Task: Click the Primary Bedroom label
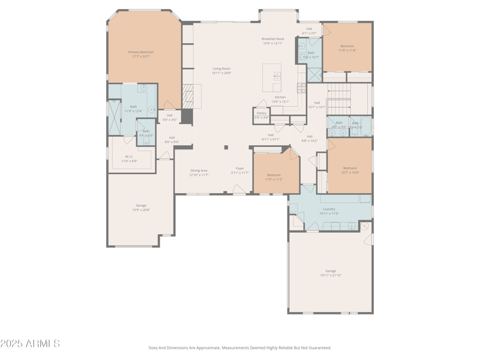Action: click(141, 52)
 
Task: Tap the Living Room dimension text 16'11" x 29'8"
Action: click(221, 73)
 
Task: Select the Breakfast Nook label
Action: click(272, 39)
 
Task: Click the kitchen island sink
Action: click(277, 76)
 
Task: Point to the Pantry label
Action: click(262, 113)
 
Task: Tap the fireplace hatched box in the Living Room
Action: click(188, 96)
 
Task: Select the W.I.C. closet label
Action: click(129, 157)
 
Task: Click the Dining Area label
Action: click(199, 170)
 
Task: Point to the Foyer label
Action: click(239, 169)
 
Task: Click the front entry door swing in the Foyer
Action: click(239, 189)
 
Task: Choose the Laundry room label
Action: click(329, 209)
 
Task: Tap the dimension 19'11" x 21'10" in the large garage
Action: click(331, 275)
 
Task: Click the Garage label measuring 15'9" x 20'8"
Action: click(141, 205)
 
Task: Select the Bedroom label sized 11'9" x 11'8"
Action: click(347, 46)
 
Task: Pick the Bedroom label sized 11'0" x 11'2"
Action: click(274, 175)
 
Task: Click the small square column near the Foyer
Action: click(226, 147)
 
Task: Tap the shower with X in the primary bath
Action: click(114, 118)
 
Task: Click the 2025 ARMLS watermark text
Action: click(30, 344)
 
